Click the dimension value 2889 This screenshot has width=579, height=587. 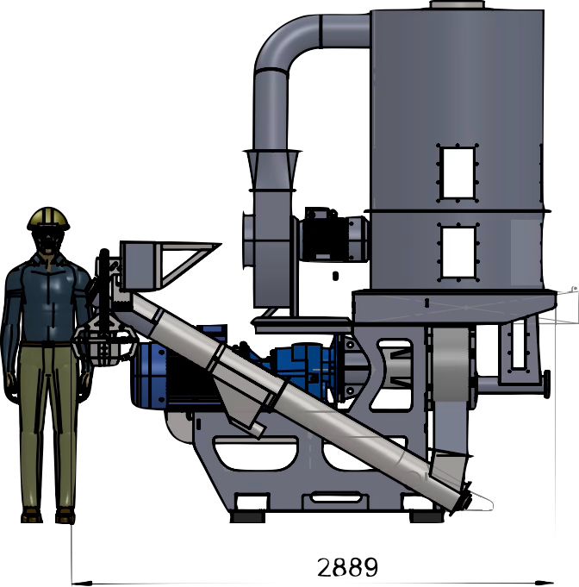point(347,566)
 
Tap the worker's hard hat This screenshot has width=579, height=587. point(48,218)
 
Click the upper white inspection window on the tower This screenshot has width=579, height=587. point(458,173)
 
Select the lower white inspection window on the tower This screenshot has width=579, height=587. point(458,252)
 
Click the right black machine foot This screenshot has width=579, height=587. point(426,517)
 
